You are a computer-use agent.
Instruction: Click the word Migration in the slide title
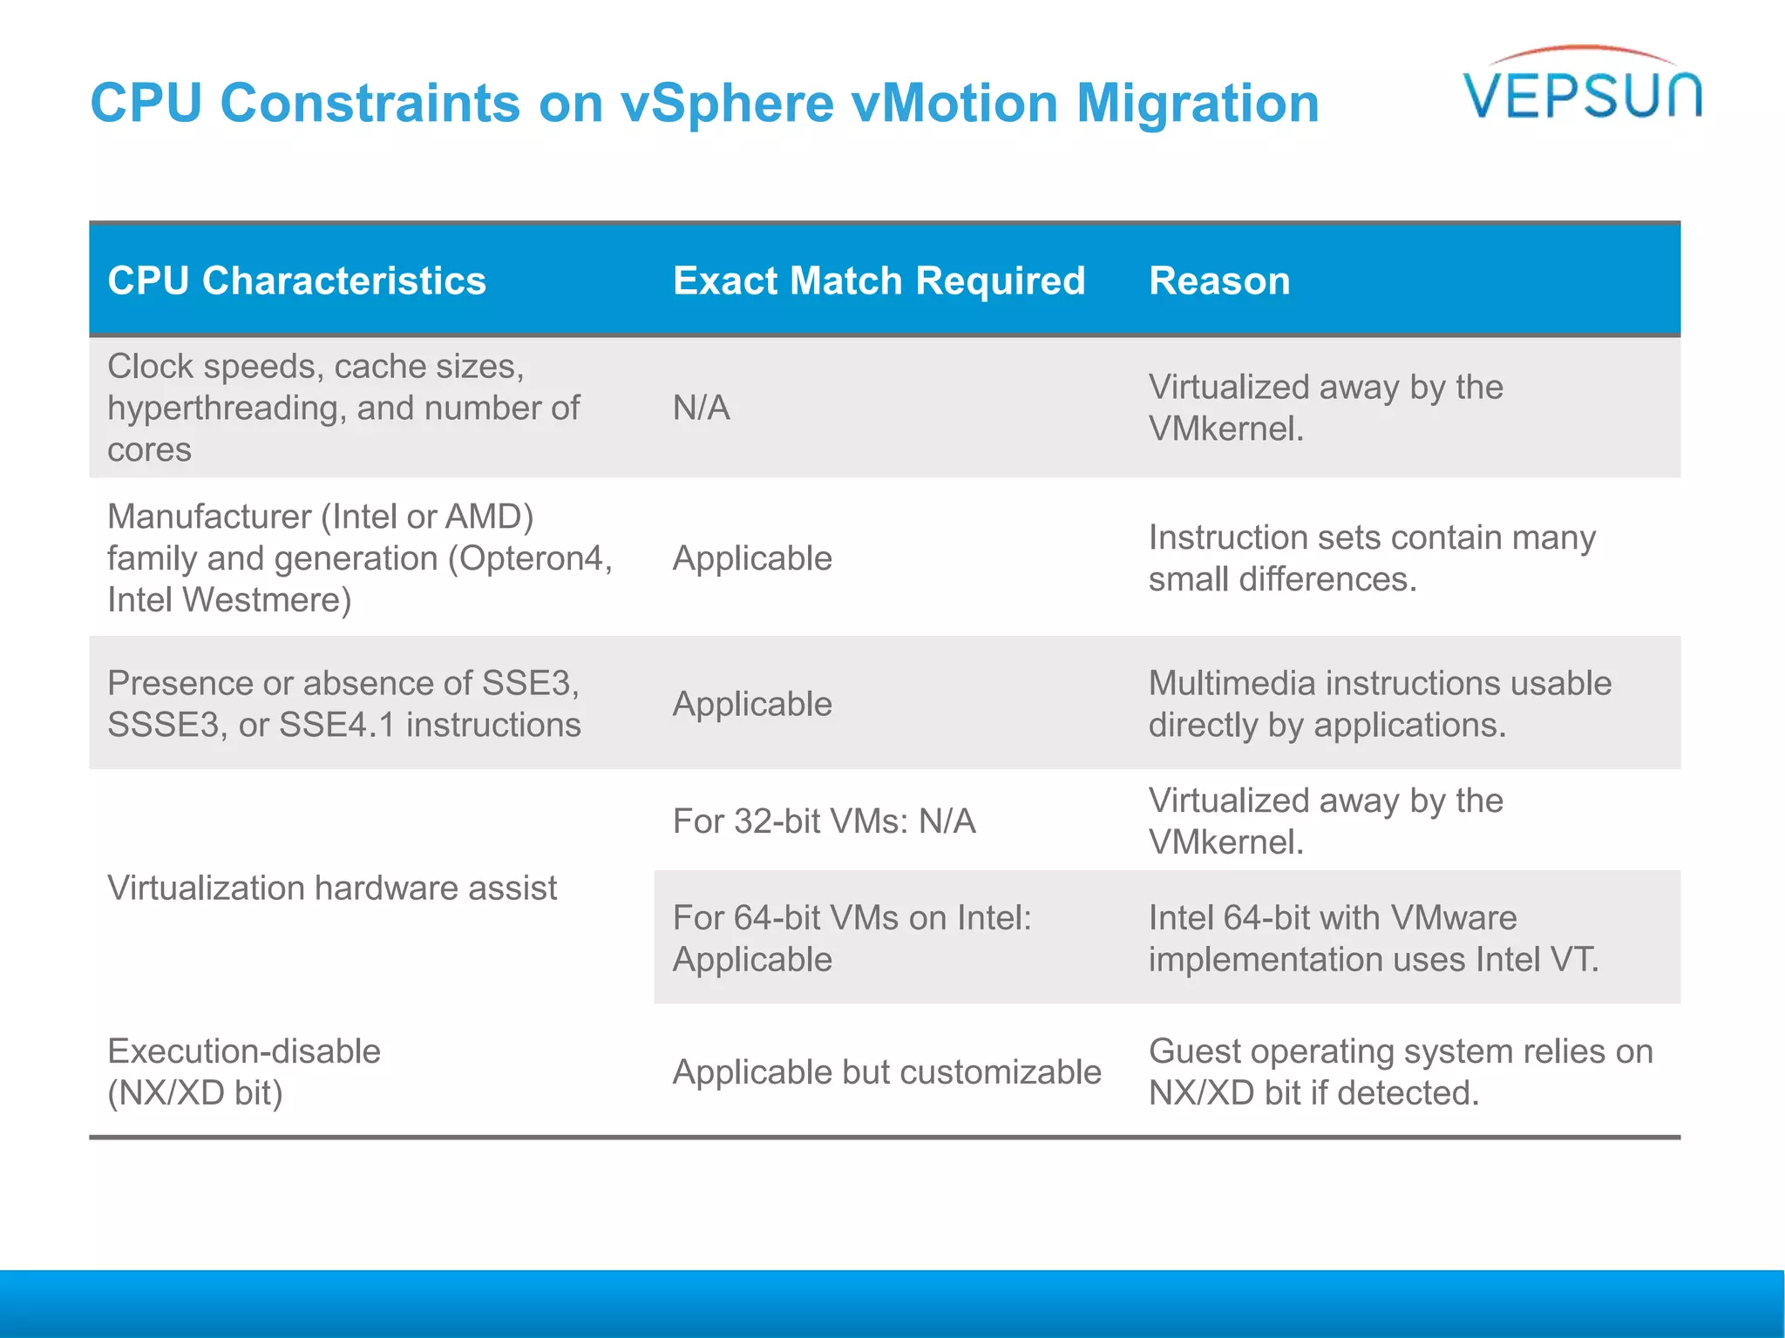[1198, 103]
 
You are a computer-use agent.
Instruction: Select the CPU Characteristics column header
[296, 280]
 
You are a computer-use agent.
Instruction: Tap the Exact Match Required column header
[879, 280]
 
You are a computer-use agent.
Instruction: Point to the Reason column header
[1218, 280]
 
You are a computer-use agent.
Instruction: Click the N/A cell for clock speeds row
[701, 408]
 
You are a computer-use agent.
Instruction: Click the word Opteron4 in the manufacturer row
[532, 558]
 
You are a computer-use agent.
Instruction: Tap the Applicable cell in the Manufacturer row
[752, 558]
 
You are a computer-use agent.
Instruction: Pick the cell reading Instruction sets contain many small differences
[1371, 558]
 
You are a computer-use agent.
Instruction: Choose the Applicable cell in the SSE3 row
[752, 704]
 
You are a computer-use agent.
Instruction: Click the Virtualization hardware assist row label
[331, 888]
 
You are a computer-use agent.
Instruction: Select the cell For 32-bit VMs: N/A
[824, 821]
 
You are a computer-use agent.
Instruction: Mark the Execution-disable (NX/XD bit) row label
[244, 1071]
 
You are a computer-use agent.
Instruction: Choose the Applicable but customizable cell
[886, 1071]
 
